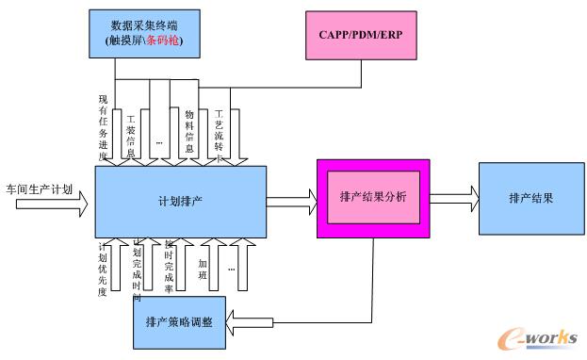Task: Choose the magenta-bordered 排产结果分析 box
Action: tap(373, 198)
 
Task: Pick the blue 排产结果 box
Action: tap(530, 199)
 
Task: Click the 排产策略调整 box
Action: tap(179, 321)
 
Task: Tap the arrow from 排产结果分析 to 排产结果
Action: tap(455, 199)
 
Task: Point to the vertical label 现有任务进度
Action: tap(104, 128)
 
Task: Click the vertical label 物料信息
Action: tap(188, 132)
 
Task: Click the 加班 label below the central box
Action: tap(203, 263)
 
